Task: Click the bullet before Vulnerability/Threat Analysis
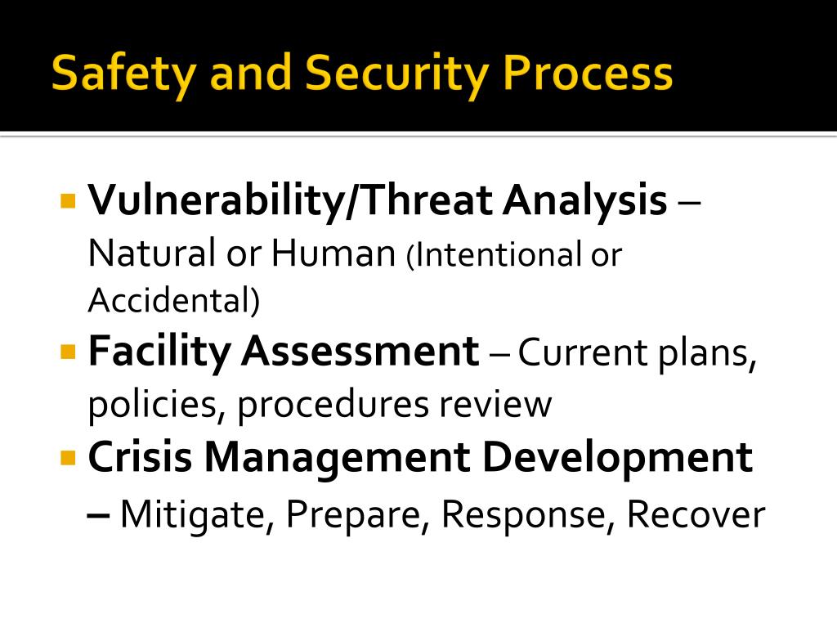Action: (68, 200)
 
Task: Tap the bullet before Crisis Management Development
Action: (68, 456)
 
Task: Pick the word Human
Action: (333, 254)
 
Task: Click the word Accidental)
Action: (173, 302)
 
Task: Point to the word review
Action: (504, 405)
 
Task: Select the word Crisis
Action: (140, 457)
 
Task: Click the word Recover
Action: (696, 515)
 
